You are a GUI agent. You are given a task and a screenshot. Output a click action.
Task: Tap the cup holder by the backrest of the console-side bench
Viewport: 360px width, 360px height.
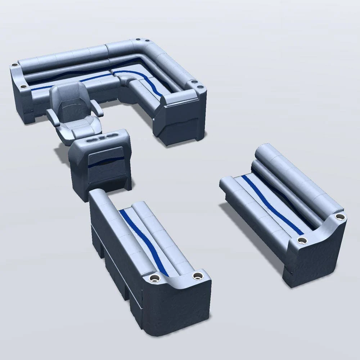tap(155, 278)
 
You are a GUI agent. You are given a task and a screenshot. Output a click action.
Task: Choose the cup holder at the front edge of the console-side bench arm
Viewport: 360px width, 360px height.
tap(197, 276)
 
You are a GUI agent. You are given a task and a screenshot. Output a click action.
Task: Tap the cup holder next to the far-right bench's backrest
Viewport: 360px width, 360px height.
tap(339, 217)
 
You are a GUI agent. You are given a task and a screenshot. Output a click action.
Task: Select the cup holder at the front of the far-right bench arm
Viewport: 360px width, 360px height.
tap(302, 240)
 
